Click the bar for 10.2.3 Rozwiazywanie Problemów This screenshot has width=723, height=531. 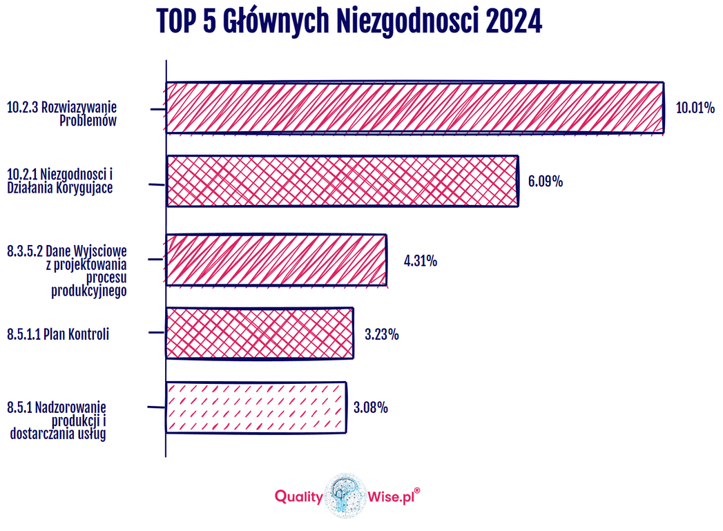414,107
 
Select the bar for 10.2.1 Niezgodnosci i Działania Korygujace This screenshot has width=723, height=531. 342,181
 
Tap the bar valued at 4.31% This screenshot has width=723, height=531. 276,260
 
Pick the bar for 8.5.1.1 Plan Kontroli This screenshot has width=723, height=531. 260,334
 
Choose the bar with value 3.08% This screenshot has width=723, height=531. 256,407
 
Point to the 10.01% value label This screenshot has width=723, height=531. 695,108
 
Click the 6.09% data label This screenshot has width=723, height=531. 546,182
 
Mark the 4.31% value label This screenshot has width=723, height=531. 421,262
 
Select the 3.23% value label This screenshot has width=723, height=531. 381,335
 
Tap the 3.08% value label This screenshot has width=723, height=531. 370,408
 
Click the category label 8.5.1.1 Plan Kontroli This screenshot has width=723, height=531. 58,335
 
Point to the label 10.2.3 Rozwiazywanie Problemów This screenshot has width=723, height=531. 62,114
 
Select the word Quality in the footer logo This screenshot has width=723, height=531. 298,496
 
